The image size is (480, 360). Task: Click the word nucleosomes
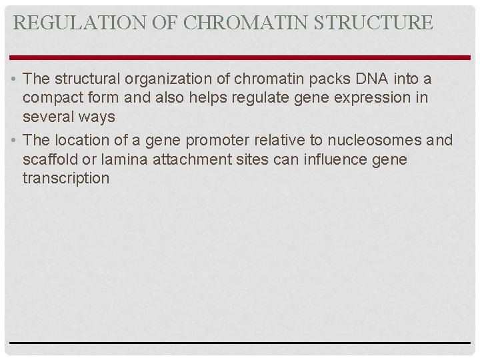pos(370,140)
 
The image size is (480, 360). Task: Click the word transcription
pos(65,179)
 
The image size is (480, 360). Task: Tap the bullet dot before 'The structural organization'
pos(14,79)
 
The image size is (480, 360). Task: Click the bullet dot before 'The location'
pos(14,141)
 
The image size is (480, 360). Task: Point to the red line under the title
pos(240,57)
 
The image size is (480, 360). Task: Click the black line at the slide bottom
pos(240,343)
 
